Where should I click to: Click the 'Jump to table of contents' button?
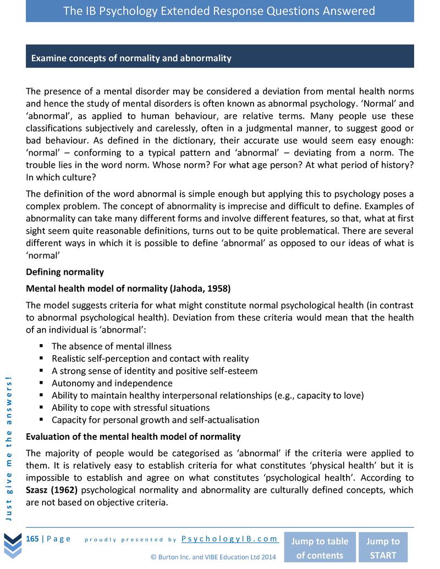[x=320, y=548]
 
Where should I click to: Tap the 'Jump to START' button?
[x=383, y=548]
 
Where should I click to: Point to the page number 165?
[x=32, y=539]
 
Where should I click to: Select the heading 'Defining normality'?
[x=65, y=272]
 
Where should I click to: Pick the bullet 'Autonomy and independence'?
[x=112, y=383]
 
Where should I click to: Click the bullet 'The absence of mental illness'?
[x=111, y=346]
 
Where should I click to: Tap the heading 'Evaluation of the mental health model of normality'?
[x=133, y=437]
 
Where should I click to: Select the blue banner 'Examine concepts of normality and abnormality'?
[x=219, y=57]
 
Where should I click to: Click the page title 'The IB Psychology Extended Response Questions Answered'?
[x=219, y=11]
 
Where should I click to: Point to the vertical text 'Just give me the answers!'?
[x=10, y=445]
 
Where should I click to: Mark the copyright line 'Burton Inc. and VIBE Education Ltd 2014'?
[x=213, y=557]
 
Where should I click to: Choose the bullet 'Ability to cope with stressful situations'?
[x=130, y=408]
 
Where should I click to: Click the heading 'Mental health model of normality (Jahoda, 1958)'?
[x=128, y=288]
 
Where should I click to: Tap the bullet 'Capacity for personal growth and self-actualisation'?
[x=155, y=420]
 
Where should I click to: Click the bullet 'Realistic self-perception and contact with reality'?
[x=150, y=358]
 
